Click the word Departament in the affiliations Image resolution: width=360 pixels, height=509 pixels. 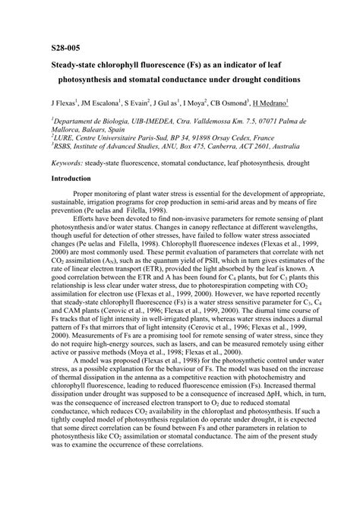74,120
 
